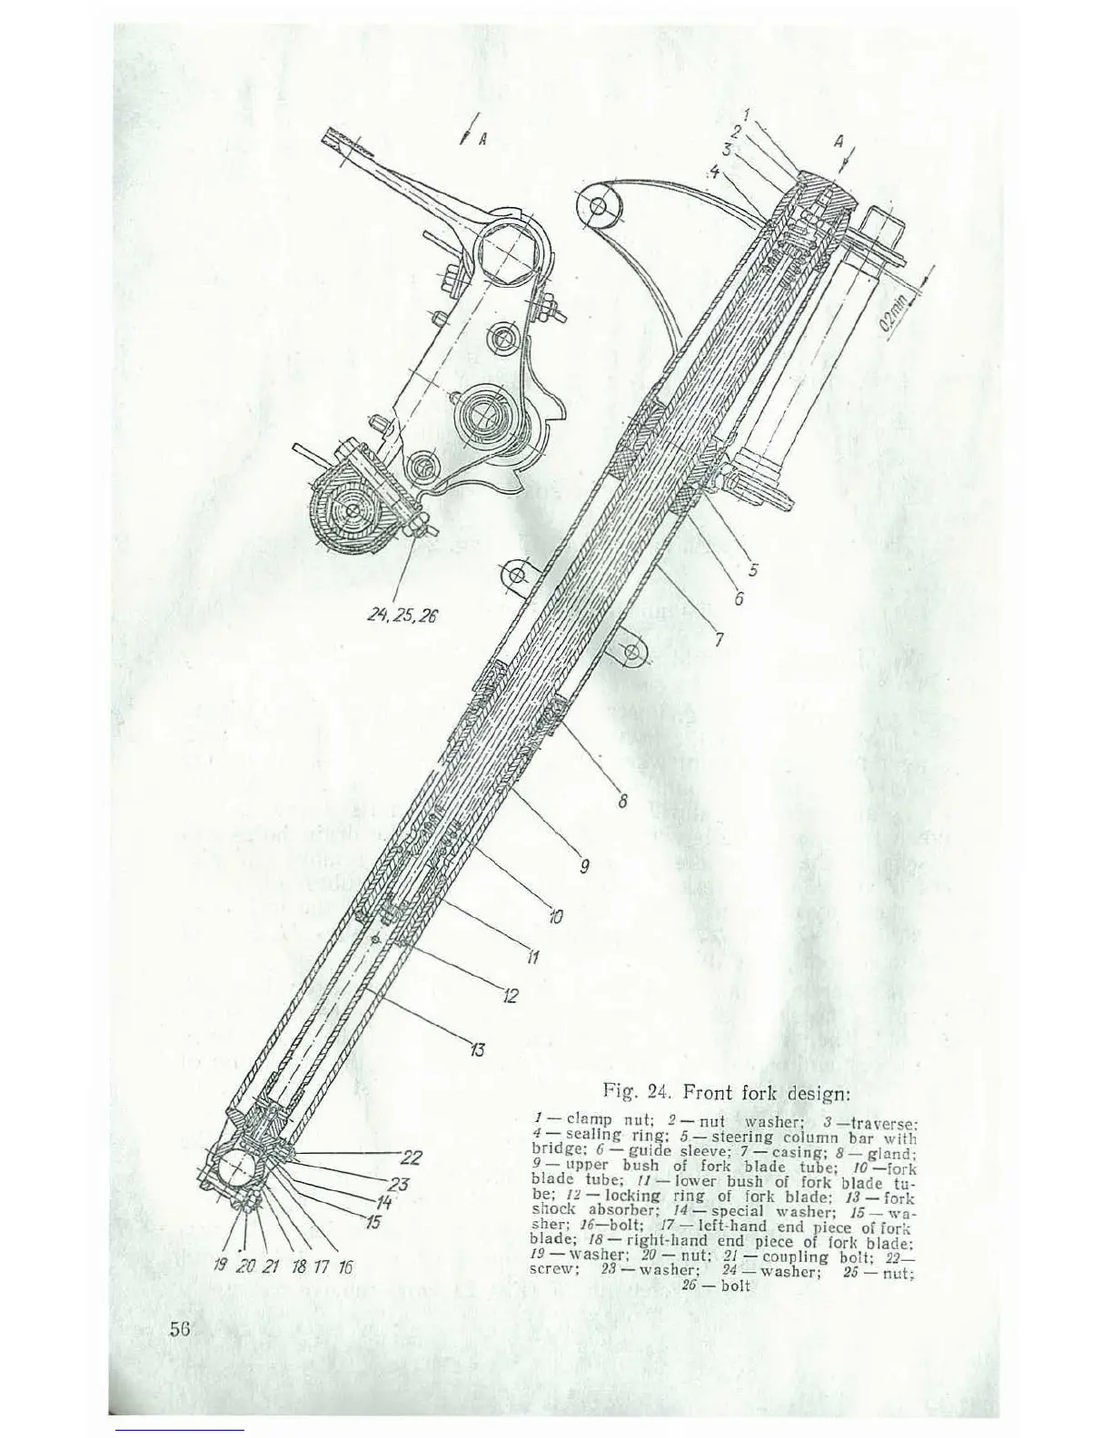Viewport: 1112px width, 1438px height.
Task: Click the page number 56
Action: pyautogui.click(x=179, y=1328)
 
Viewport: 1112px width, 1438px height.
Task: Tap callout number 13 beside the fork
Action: pyautogui.click(x=476, y=1050)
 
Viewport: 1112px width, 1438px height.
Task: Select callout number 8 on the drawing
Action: pyautogui.click(x=622, y=802)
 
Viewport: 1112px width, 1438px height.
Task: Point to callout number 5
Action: pyautogui.click(x=753, y=570)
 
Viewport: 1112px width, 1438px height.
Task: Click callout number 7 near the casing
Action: pyautogui.click(x=718, y=640)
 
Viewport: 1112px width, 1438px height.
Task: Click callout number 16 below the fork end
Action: pyautogui.click(x=344, y=1266)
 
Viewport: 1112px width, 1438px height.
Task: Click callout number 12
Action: pyautogui.click(x=511, y=996)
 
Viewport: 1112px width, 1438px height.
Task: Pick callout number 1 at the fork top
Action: pyautogui.click(x=746, y=115)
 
